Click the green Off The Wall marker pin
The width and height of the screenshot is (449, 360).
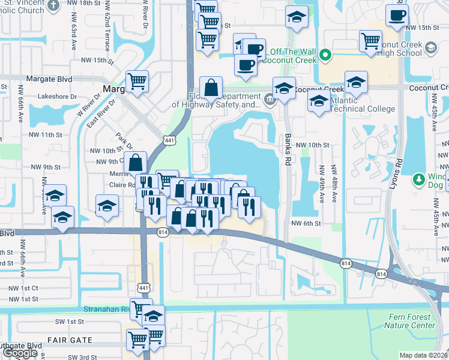325,56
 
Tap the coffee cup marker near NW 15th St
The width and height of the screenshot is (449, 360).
396,16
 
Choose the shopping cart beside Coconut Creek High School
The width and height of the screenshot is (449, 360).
370,41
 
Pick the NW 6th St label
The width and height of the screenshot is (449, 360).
307,223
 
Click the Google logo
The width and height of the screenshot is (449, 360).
20,353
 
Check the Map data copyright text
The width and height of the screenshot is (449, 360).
423,355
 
